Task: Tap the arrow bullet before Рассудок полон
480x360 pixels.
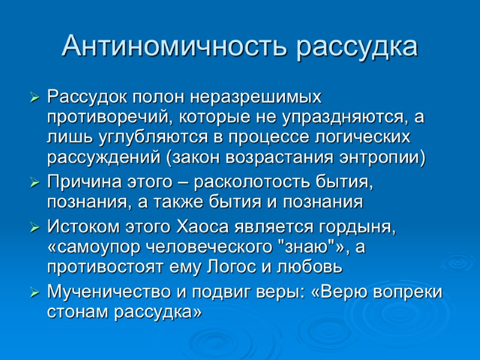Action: (35, 97)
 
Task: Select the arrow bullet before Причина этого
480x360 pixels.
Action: (35, 181)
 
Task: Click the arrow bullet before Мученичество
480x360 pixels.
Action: (35, 293)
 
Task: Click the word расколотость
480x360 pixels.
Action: (257, 181)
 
